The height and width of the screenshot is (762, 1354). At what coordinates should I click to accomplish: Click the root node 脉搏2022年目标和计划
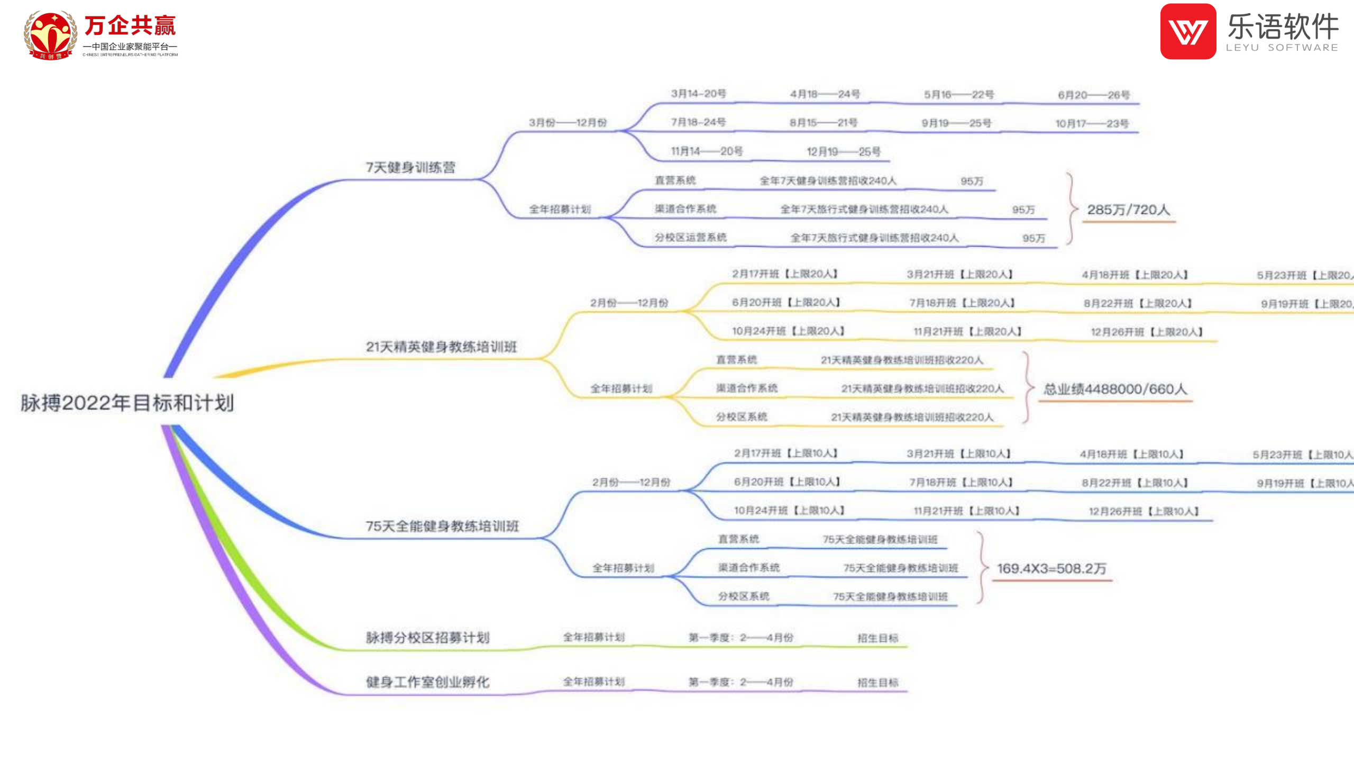click(127, 403)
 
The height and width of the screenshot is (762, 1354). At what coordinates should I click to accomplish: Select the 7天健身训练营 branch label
click(410, 168)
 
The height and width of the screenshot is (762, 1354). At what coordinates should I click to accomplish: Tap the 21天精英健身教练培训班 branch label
click(441, 347)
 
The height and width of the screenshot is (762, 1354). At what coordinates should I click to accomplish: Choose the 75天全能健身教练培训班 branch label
click(442, 527)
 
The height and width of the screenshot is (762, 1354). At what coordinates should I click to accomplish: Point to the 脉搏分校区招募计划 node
click(427, 638)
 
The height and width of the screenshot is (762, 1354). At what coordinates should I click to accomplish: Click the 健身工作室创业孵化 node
click(427, 682)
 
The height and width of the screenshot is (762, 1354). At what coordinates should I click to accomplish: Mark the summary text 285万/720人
click(1128, 210)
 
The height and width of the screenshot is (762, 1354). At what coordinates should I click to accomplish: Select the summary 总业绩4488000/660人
click(1115, 389)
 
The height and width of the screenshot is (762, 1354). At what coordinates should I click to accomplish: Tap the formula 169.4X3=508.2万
click(1051, 569)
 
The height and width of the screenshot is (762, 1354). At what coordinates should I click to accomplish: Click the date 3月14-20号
click(698, 94)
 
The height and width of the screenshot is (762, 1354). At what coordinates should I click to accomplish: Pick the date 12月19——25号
click(843, 152)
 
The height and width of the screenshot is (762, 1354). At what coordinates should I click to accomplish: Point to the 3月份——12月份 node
click(568, 123)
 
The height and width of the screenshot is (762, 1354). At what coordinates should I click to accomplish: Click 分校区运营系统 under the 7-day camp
click(690, 238)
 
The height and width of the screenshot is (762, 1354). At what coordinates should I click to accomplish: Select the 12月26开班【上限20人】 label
click(1147, 332)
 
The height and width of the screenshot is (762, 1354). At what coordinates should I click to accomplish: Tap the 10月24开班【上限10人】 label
click(789, 511)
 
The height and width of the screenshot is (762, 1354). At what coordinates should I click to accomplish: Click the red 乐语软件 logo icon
click(1188, 32)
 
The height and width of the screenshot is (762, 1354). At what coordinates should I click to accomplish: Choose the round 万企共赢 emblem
click(50, 35)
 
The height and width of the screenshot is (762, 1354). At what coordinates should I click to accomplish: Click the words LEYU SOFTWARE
click(1282, 48)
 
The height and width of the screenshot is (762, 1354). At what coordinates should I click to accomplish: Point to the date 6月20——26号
click(1093, 95)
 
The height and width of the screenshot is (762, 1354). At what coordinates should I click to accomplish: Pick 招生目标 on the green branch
click(877, 638)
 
